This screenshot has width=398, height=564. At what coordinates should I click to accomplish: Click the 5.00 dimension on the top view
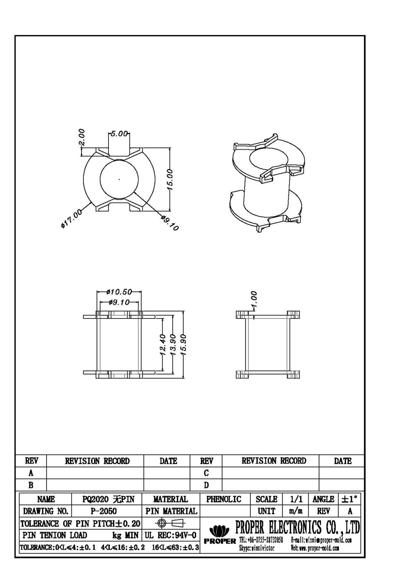(x=119, y=134)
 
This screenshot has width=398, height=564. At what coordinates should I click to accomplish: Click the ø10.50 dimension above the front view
(x=119, y=292)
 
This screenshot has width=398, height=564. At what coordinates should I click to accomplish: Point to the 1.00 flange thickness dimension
(x=254, y=300)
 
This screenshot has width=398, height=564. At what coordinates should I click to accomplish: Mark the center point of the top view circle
(x=119, y=179)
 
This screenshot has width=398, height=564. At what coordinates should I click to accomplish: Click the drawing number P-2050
(x=104, y=511)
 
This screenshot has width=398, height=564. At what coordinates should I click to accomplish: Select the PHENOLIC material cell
(x=224, y=499)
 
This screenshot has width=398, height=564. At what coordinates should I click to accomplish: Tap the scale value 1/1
(x=296, y=499)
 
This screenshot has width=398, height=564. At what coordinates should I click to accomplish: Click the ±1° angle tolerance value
(x=349, y=499)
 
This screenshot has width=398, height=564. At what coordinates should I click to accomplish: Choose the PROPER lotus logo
(x=219, y=531)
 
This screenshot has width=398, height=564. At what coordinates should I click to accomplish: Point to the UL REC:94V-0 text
(x=170, y=535)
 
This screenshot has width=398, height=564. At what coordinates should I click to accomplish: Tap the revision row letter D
(x=207, y=485)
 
